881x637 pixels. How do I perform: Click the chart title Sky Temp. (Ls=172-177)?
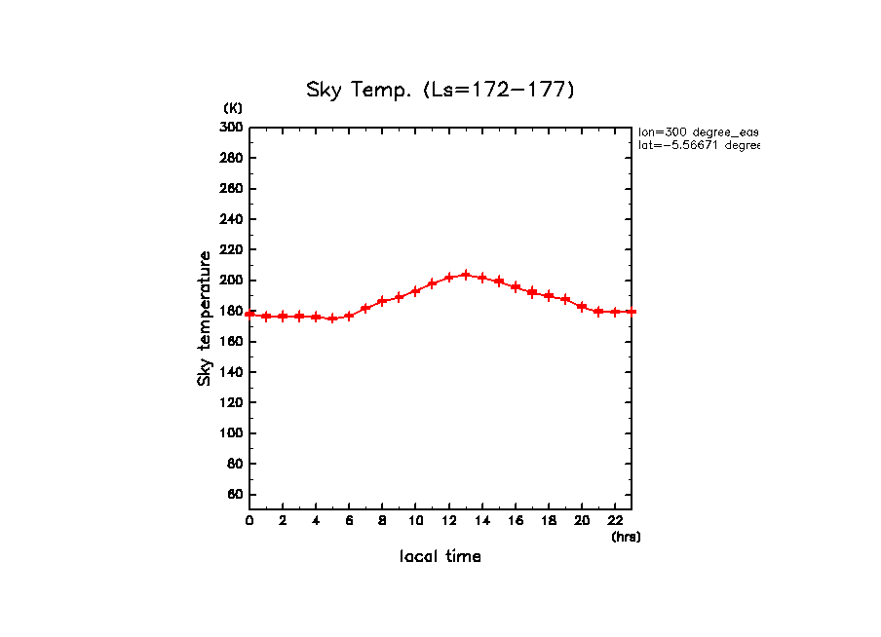[x=440, y=91]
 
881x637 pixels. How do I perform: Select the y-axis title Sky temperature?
[x=205, y=318]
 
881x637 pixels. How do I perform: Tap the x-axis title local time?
[x=440, y=557]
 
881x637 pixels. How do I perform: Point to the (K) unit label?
[x=233, y=108]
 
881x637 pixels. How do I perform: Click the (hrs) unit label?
[x=626, y=537]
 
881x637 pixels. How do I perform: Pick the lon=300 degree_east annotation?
[x=698, y=131]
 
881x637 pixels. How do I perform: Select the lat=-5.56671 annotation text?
[x=698, y=145]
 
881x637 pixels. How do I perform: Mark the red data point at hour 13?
[x=466, y=275]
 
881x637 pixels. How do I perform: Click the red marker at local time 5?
[x=332, y=318]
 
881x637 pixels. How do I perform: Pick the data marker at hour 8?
[x=382, y=301]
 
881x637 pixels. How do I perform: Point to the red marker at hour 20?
[x=582, y=306]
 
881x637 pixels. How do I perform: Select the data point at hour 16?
[x=516, y=287]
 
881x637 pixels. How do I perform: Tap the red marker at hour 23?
[x=632, y=311]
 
